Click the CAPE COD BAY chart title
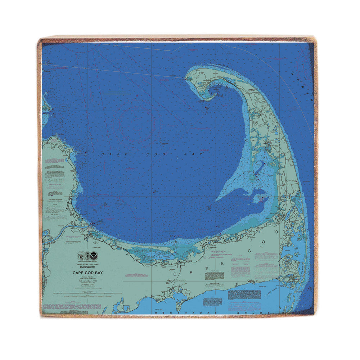coord(87,273)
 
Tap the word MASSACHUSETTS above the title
coord(87,267)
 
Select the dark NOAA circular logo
coord(95,256)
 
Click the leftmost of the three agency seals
coord(81,256)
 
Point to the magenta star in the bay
coord(136,95)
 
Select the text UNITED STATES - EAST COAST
coord(87,264)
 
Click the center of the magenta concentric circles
coord(135,122)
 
